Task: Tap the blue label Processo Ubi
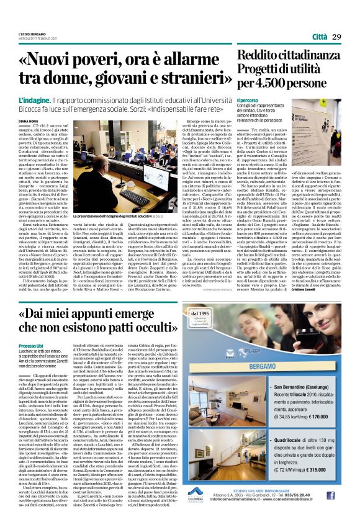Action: pyautogui.click(x=31, y=362)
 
